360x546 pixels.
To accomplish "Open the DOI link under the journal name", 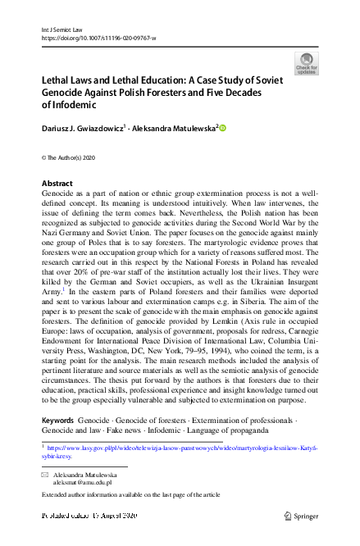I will coord(98,39).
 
